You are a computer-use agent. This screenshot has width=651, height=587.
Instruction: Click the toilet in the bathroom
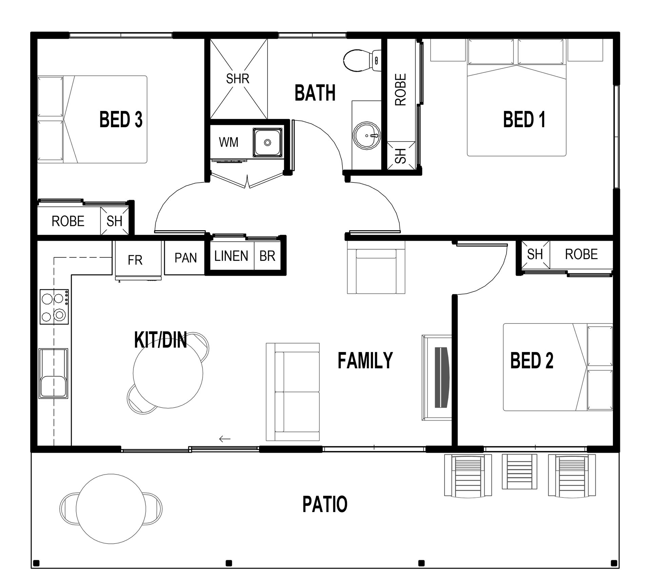[x=362, y=61]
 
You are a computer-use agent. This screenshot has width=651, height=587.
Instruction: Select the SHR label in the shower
[x=238, y=79]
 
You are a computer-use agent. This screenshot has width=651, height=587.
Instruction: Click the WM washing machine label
[x=229, y=142]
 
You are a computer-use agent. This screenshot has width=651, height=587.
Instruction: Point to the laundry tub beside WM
[x=268, y=142]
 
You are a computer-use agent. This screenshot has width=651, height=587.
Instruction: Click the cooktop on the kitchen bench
[x=54, y=307]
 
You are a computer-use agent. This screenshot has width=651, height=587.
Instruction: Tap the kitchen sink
[x=54, y=373]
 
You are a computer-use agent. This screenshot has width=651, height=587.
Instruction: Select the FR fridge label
[x=135, y=260]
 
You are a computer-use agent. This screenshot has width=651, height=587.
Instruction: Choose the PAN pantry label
[x=185, y=258]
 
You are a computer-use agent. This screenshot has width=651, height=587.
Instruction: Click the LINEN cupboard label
[x=231, y=256]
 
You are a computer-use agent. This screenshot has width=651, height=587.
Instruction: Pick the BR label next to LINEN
[x=267, y=256]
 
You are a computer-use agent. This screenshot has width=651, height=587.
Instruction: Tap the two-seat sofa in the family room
[x=293, y=392]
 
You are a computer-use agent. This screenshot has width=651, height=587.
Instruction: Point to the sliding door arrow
[x=225, y=439]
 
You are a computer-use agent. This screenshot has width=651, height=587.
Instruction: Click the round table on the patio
[x=111, y=509]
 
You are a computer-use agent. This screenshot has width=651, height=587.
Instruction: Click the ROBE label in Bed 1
[x=400, y=90]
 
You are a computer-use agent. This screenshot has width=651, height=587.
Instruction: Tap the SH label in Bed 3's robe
[x=114, y=221]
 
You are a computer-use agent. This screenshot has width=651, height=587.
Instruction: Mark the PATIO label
[x=325, y=504]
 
